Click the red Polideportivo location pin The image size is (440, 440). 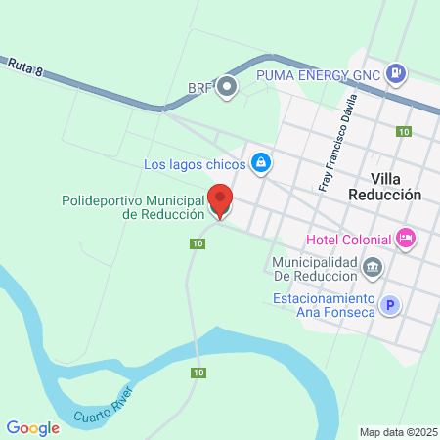coord(221,200)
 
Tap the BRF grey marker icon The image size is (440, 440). coord(227,88)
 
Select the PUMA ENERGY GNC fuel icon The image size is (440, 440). coord(396,71)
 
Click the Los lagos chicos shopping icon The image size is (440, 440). coord(260,163)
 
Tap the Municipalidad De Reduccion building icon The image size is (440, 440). coord(373,267)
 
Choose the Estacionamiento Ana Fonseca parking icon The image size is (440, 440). coord(390,306)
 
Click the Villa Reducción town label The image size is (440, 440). coord(383,187)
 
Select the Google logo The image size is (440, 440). coord(32,427)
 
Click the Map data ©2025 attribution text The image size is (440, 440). coord(397,432)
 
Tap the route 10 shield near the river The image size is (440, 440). coord(199,373)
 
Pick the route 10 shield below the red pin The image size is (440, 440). coord(198,243)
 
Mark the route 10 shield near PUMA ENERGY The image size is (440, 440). coord(403,131)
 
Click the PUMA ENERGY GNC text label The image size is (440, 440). coord(317,73)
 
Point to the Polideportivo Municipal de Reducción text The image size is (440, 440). coord(133,207)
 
